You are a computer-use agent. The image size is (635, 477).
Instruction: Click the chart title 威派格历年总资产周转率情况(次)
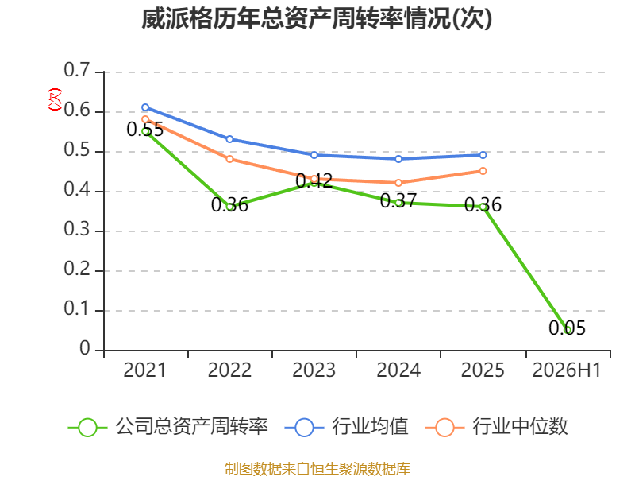tap(317, 18)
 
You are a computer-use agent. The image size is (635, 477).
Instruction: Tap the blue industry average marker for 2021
tap(145, 107)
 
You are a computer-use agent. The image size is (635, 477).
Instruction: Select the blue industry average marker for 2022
tap(229, 139)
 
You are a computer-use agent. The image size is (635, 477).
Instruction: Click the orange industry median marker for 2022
tap(229, 159)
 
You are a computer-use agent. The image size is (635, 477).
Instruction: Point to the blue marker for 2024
tap(398, 159)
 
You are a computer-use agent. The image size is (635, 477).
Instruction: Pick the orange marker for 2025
tap(483, 171)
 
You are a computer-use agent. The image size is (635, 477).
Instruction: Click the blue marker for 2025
tap(483, 155)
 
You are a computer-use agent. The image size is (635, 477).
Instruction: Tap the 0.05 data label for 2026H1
tap(567, 328)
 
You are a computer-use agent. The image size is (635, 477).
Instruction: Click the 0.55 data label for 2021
tap(145, 129)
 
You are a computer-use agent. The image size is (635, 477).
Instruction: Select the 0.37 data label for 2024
tap(398, 200)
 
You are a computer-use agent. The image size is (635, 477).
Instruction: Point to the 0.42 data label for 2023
tap(314, 180)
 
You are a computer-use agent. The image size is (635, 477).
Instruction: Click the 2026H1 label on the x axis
tap(567, 370)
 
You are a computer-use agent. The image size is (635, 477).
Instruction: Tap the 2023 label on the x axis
tap(314, 370)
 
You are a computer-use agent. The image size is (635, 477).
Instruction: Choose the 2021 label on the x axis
tap(145, 370)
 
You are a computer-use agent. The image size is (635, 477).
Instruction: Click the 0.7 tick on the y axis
tap(77, 70)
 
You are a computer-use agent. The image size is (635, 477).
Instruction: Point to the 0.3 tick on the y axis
tap(77, 230)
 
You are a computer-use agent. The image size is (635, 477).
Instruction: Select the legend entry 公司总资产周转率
tap(168, 427)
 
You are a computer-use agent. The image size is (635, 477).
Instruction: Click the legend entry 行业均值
tap(347, 427)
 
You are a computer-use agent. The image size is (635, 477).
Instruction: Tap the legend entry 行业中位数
tap(497, 427)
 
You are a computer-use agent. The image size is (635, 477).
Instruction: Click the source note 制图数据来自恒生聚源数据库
tap(317, 468)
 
